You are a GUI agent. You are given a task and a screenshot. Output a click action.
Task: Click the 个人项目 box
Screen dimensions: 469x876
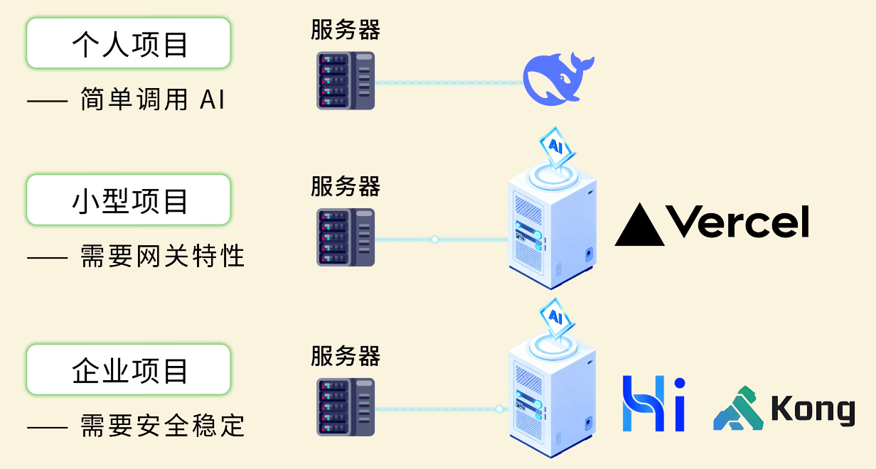pyautogui.click(x=129, y=43)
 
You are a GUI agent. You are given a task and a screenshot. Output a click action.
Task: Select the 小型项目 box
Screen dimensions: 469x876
pyautogui.click(x=129, y=200)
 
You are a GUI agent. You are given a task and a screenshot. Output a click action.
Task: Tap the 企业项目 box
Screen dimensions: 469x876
pyautogui.click(x=129, y=370)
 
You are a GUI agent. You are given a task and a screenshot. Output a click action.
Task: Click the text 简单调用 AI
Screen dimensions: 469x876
pyautogui.click(x=152, y=100)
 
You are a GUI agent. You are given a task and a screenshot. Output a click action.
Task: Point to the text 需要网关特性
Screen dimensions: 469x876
pyautogui.click(x=162, y=256)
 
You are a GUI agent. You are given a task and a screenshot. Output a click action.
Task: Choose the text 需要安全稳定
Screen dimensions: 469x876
pyautogui.click(x=162, y=426)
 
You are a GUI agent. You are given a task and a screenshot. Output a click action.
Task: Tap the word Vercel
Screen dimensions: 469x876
pyautogui.click(x=739, y=222)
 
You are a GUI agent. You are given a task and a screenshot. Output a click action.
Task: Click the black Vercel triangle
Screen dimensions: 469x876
pyautogui.click(x=639, y=225)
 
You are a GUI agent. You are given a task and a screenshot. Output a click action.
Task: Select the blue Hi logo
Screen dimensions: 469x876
pyautogui.click(x=653, y=404)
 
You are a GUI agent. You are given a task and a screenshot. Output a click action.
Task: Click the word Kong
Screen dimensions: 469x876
pyautogui.click(x=813, y=410)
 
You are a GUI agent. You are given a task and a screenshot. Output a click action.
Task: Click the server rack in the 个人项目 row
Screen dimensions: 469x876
pyautogui.click(x=345, y=80)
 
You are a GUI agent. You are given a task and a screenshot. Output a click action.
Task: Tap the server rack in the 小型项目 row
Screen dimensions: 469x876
pyautogui.click(x=345, y=237)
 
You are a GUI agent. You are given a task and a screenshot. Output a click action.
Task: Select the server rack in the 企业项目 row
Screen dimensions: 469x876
pyautogui.click(x=345, y=406)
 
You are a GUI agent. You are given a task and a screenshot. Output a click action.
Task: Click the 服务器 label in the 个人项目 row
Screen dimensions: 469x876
pyautogui.click(x=346, y=30)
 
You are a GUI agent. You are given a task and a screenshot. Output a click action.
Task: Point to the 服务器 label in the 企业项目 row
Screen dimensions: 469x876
pyautogui.click(x=346, y=355)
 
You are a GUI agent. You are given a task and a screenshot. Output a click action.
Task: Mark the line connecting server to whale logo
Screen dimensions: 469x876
pyautogui.click(x=448, y=82)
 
